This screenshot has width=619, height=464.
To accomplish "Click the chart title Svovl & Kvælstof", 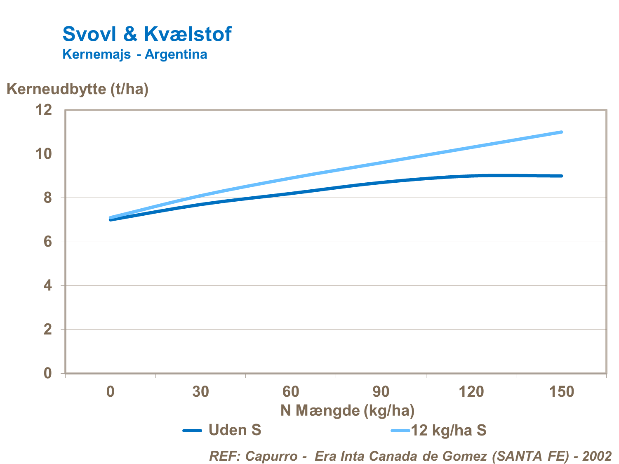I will coord(147,34).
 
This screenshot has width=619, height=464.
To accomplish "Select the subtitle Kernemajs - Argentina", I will coord(134,54).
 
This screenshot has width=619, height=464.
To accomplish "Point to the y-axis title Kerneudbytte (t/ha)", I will coord(78,89).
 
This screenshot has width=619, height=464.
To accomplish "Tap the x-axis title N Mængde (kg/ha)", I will coord(347,410).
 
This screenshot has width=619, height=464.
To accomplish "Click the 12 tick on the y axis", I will coord(44,110).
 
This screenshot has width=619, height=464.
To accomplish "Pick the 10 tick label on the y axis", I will coord(44,154).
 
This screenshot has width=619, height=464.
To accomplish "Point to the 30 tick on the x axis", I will coord(200,391).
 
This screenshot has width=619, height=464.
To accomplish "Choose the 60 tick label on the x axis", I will coord(291,391).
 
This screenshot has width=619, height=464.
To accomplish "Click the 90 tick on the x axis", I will coord(381,391).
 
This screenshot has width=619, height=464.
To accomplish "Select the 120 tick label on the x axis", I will coord(471,391).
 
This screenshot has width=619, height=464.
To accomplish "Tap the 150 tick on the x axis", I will coord(561,391).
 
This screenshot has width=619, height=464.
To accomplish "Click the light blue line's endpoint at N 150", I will coord(561,132).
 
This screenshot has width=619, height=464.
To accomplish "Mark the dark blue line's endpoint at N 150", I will coord(561,176).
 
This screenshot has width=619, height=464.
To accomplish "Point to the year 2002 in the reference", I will coord(597,456).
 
